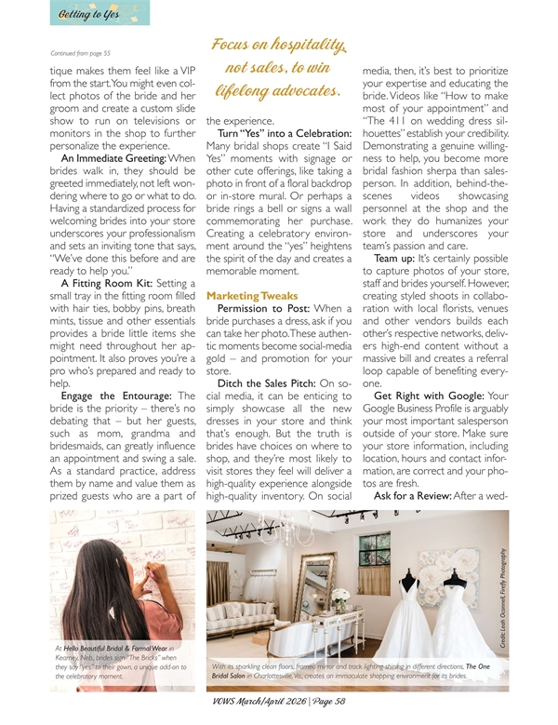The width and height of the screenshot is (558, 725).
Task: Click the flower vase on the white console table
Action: click(x=341, y=598)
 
